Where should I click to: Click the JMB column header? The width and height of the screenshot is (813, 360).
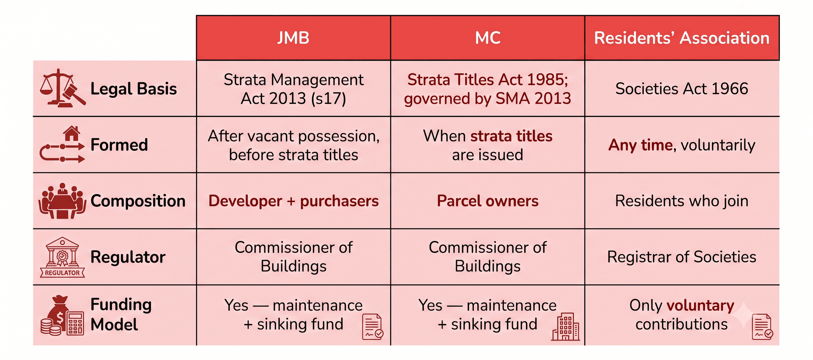[x=293, y=38]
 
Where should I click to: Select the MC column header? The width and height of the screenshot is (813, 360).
[x=488, y=38]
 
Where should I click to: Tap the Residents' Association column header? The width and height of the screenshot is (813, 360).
[x=682, y=38]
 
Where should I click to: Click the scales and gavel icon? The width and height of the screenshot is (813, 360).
[x=63, y=88]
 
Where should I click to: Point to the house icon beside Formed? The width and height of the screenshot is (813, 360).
[x=72, y=134]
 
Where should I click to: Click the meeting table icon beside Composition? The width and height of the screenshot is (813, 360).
[x=63, y=201]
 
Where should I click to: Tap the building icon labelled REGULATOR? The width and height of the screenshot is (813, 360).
[x=63, y=257]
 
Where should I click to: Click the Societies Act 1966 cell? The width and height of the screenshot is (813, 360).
[x=682, y=89]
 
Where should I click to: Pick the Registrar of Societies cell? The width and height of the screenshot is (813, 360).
[x=682, y=257]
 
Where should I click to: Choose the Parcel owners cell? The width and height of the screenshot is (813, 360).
[x=488, y=201]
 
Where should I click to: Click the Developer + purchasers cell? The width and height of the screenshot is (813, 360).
[x=293, y=201]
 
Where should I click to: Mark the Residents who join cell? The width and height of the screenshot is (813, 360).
[x=682, y=201]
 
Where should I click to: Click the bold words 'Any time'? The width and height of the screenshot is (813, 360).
[x=641, y=145]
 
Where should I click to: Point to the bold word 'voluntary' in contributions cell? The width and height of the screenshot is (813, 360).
[x=700, y=305]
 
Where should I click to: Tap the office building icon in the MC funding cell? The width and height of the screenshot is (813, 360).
[x=566, y=327]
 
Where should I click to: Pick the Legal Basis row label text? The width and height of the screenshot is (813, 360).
[x=134, y=89]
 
